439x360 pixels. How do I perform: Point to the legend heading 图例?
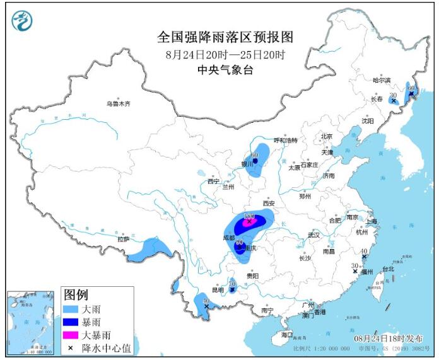(x=76, y=294)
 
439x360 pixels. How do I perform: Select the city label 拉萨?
(x=123, y=239)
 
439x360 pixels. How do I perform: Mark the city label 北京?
(x=325, y=136)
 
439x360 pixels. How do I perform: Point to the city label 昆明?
(x=218, y=290)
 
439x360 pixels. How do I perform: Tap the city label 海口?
(x=287, y=334)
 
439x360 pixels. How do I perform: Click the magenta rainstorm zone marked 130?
(x=249, y=221)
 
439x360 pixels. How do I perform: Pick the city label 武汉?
(x=313, y=235)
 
